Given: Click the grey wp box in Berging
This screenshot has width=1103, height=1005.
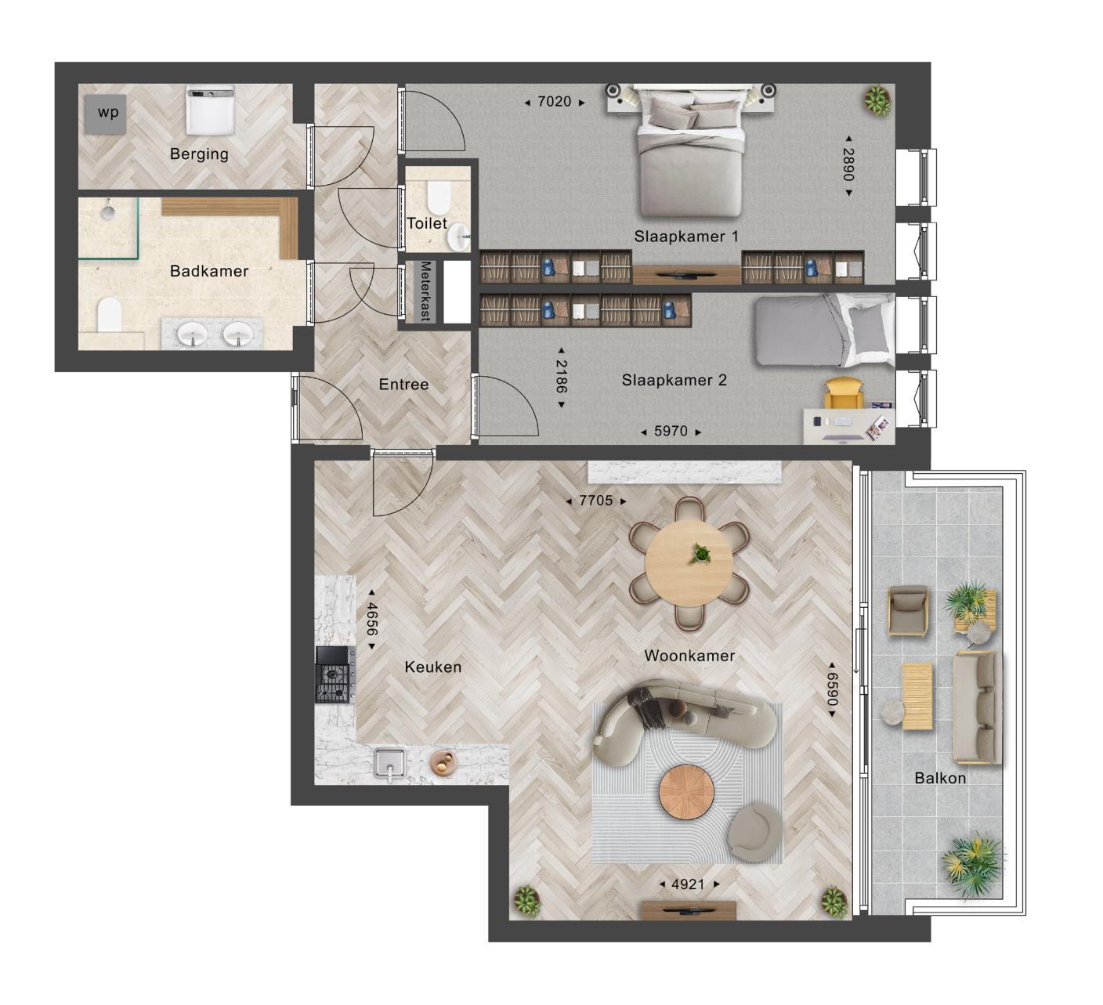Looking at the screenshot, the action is [x=106, y=114].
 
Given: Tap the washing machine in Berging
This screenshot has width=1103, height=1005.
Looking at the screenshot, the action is [x=210, y=110].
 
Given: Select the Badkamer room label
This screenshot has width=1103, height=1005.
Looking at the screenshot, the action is [x=209, y=271].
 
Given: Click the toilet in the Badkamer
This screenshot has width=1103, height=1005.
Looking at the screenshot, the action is [x=109, y=315].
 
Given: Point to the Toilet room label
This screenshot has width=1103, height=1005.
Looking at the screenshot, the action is [x=427, y=224].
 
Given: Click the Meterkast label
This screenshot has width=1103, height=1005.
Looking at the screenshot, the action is [x=425, y=291].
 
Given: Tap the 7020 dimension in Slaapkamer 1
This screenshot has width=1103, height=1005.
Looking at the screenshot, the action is [x=555, y=102].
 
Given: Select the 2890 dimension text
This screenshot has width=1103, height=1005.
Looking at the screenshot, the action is [x=849, y=165].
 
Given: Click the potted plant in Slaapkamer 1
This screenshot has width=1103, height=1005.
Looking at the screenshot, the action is [x=877, y=100].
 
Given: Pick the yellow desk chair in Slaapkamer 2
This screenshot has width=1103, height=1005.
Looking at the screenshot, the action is [x=844, y=393].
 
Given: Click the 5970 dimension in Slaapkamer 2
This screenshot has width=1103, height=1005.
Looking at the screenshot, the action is [x=671, y=431].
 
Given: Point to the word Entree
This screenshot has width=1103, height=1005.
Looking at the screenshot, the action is [x=403, y=385].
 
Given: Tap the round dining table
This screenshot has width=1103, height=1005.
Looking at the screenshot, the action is [x=689, y=563].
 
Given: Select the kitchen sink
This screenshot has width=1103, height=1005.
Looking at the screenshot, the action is [x=390, y=764].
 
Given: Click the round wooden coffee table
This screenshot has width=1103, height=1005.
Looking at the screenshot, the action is [x=686, y=792].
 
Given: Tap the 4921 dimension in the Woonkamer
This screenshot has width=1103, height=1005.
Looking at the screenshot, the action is [x=688, y=884].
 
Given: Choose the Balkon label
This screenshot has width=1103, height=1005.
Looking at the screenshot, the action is [x=940, y=778].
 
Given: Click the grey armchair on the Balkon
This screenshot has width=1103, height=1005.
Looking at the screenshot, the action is [x=909, y=611].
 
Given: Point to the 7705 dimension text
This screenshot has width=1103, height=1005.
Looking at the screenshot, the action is [x=596, y=501].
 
